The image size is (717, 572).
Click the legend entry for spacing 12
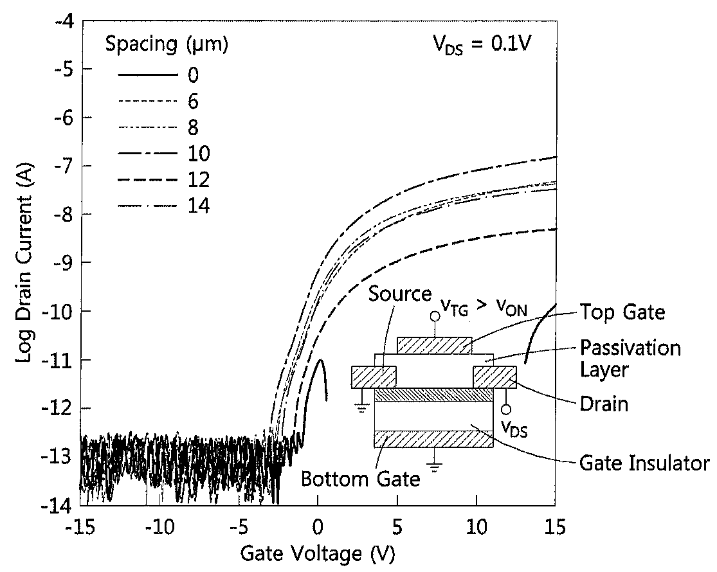pos(164,179)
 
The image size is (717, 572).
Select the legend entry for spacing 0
pos(158,74)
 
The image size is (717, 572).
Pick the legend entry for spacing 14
pos(164,206)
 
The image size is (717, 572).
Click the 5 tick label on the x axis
pos(397,527)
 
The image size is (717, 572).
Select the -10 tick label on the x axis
pos(159,527)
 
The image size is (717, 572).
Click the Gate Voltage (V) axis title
pos(318,554)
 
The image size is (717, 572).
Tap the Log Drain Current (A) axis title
pos(24,264)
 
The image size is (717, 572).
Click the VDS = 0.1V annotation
pos(482,44)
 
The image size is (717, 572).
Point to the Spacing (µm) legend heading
pos(167,44)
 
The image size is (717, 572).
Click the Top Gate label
pos(622,312)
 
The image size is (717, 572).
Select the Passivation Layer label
pos(631,359)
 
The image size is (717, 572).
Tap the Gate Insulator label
pos(644,463)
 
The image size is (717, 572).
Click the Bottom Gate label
pos(360,479)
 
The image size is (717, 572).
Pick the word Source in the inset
pos(399,294)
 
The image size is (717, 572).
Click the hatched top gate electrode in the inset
pos(435,345)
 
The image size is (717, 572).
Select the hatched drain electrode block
pos(495,377)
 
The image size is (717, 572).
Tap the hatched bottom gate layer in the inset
pos(433,439)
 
